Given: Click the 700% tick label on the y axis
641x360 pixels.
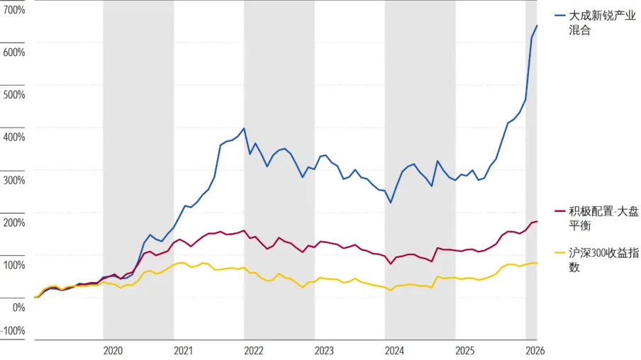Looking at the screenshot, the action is [x=14, y=10].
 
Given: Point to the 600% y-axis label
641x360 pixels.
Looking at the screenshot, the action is [x=14, y=52].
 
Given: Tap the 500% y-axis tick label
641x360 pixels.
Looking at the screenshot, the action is [x=14, y=95].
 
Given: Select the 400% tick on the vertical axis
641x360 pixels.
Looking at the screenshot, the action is [x=14, y=137].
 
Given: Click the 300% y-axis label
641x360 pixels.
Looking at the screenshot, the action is [x=14, y=180].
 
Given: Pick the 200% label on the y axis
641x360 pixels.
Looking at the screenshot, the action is [x=14, y=223].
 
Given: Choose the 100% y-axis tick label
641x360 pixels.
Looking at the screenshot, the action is [x=14, y=265].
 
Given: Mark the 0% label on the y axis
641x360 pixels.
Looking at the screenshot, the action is [x=18, y=308].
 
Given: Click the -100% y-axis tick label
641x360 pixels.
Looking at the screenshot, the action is [x=13, y=330].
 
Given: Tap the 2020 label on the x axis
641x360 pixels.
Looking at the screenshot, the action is [x=113, y=351].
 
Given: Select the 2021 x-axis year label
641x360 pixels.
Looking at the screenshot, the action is [x=183, y=351].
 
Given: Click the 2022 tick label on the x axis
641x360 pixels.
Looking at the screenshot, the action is [x=253, y=351].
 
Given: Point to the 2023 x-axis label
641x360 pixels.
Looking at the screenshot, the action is [x=324, y=351].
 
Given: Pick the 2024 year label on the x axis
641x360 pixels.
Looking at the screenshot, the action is [x=394, y=351].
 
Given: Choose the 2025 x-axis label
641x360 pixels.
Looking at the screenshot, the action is [x=465, y=351].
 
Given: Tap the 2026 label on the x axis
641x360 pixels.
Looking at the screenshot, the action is [x=535, y=351].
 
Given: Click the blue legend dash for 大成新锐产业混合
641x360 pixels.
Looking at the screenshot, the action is [x=560, y=16].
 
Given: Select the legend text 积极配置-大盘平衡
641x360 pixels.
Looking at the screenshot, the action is [x=604, y=218].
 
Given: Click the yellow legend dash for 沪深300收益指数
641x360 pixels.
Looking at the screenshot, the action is [x=560, y=253].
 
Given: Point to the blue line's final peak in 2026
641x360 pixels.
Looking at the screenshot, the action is [x=537, y=26].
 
